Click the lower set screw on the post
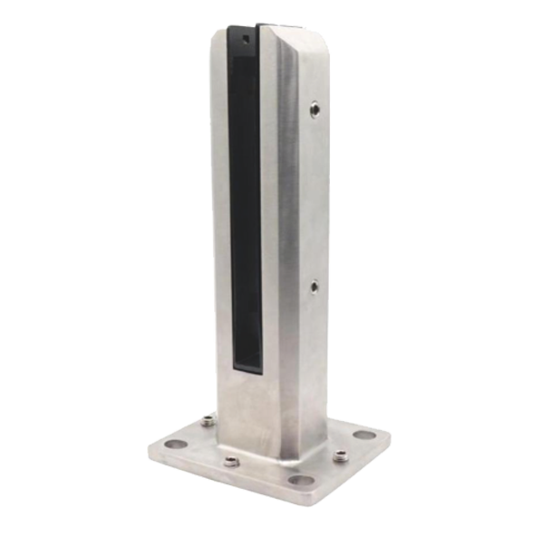pos(313,287)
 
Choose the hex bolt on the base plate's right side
pos(341,455)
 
